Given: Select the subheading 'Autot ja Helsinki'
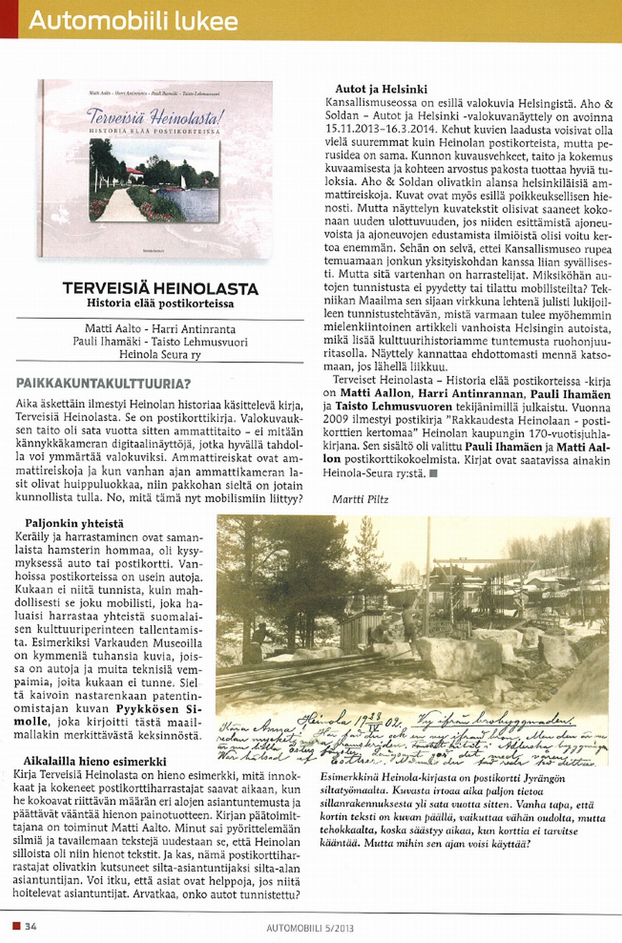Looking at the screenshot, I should coord(381,89).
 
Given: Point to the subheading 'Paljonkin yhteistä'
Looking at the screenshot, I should coord(75,523).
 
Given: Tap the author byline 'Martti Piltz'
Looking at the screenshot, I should coord(361,499).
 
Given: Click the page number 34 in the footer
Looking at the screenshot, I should coord(30,926).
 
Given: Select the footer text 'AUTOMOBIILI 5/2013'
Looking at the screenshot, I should coord(310,928).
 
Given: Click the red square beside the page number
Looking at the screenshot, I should coord(16,926).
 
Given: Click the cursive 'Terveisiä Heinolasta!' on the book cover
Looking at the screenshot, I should coord(154,115).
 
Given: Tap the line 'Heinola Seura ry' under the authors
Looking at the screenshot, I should coord(160,355).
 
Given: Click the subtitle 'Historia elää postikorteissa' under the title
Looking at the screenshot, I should coord(160,303).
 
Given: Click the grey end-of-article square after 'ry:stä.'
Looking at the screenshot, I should coord(433,474).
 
